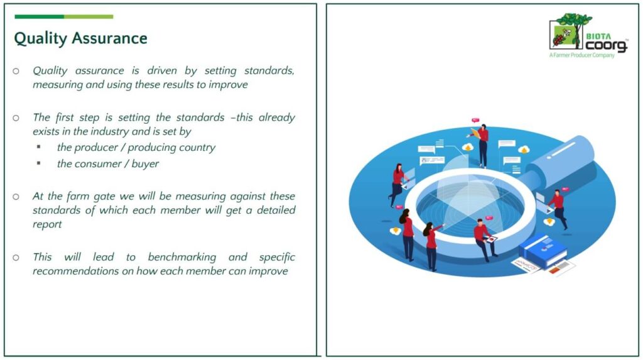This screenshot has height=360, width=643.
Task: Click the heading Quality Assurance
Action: click(80, 38)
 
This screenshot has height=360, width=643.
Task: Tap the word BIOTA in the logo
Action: click(598, 36)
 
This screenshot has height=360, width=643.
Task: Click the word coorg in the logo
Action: click(606, 46)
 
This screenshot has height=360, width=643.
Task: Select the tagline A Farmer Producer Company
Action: click(582, 55)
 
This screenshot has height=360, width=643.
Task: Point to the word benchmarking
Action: click(182, 258)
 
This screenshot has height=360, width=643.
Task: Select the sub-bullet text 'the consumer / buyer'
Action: click(108, 164)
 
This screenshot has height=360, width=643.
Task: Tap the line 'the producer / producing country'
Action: click(136, 148)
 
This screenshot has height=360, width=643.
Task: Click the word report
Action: click(47, 225)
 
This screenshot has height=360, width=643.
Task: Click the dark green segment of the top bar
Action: click(39, 17)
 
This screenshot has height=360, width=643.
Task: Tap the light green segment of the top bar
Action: click(89, 17)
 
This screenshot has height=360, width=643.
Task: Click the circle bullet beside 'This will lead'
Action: click(16, 258)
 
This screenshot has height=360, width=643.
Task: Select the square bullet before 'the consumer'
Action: click(38, 163)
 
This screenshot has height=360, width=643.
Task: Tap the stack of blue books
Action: click(543, 251)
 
